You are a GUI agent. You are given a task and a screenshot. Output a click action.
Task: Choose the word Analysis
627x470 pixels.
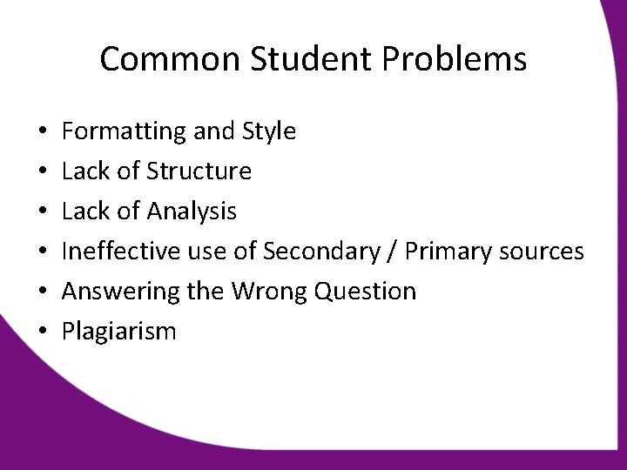[192, 211]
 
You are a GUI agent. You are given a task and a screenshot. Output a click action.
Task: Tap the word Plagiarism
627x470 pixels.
[119, 332]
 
